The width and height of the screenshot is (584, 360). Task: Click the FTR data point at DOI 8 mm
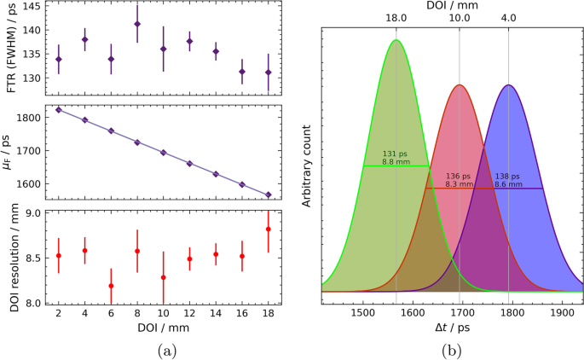pyautogui.click(x=137, y=24)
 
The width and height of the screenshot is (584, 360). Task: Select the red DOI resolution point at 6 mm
pyautogui.click(x=111, y=286)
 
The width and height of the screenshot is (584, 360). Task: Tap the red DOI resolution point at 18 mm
pyautogui.click(x=269, y=229)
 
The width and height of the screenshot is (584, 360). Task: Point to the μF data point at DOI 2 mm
pyautogui.click(x=58, y=109)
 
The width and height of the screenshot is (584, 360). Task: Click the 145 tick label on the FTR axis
pyautogui.click(x=29, y=7)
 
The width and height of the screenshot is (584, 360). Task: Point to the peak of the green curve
pyautogui.click(x=396, y=40)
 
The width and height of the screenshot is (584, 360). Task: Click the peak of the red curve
pyautogui.click(x=460, y=84)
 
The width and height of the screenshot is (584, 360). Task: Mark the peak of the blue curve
pyautogui.click(x=509, y=84)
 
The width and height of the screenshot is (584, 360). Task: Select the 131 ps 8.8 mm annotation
pyautogui.click(x=394, y=158)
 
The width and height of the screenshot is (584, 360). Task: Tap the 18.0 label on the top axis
pyautogui.click(x=396, y=19)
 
